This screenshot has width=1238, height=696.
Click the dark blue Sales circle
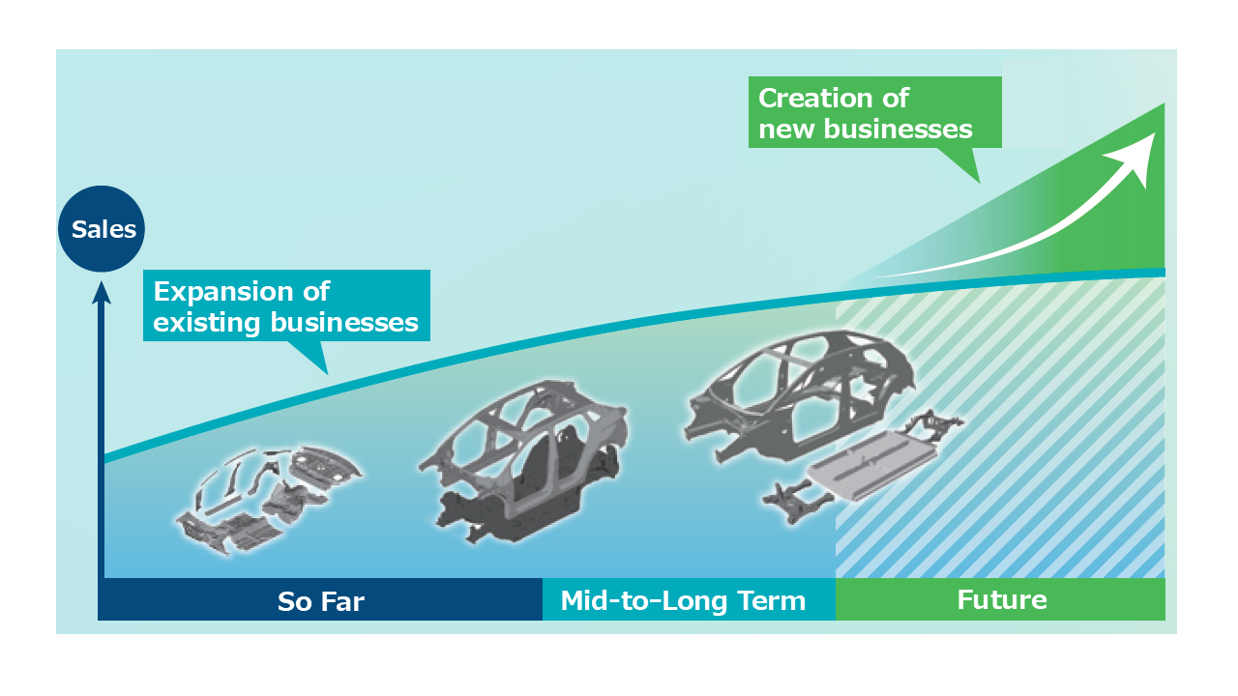coord(103,230)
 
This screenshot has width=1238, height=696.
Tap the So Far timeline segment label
coord(320,601)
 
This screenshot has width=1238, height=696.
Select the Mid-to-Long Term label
coord(683,601)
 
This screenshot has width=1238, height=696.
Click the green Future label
coord(1002,600)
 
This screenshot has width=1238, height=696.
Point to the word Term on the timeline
coord(768,601)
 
